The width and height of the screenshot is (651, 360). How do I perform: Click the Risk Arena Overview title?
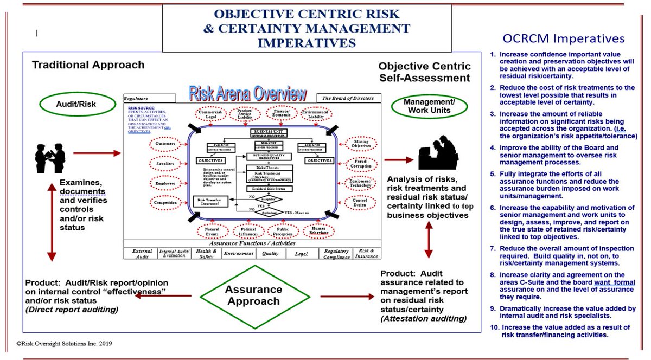(247, 95)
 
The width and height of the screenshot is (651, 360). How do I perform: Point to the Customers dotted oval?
(165, 144)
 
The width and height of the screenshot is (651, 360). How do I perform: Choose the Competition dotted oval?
(165, 202)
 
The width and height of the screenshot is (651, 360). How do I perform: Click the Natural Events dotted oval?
(212, 232)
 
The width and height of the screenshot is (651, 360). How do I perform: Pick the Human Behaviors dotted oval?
(319, 232)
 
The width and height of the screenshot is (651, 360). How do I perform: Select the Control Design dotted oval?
(360, 203)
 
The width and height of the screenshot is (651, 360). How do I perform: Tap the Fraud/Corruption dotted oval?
(360, 163)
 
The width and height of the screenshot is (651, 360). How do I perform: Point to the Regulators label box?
(149, 99)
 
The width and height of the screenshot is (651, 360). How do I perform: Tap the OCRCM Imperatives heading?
(564, 38)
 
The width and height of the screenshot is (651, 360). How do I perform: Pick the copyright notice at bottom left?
(64, 344)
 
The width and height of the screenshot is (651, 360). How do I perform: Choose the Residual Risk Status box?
(270, 189)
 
